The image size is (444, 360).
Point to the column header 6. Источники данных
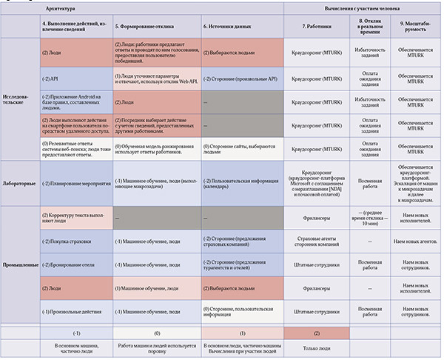coord(232,27)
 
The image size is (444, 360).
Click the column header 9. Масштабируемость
coord(411,27)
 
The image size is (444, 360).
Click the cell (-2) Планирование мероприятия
coord(76,182)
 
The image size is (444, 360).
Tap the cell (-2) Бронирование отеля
coord(68,264)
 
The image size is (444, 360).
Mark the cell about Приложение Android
coord(76,99)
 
